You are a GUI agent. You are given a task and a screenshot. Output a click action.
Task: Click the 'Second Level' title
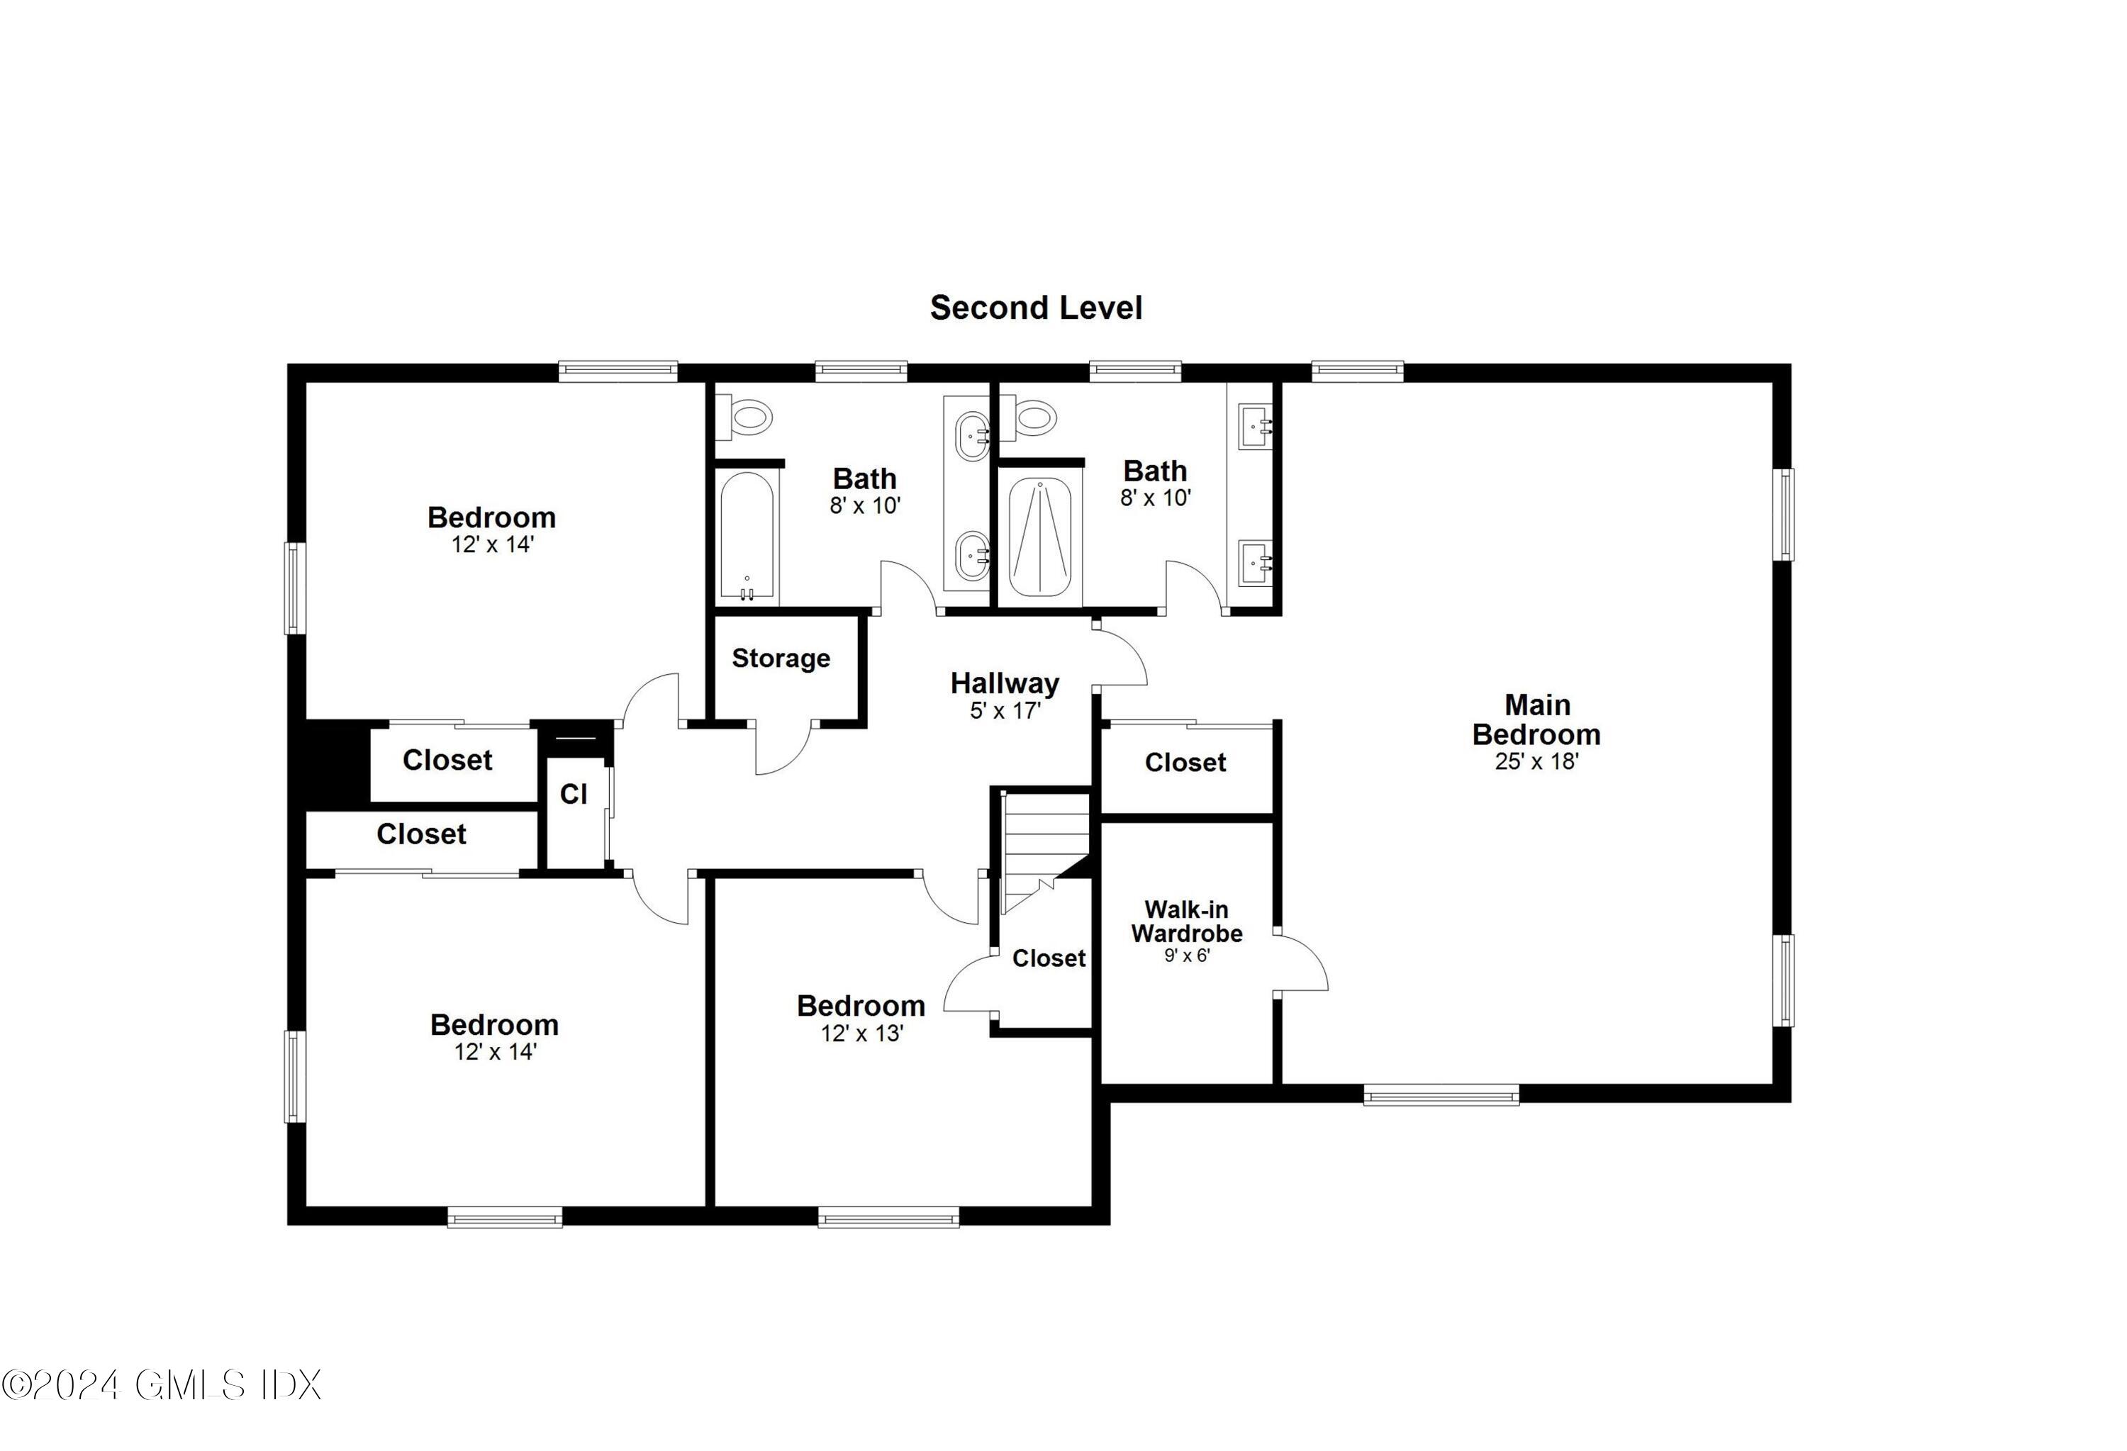(x=1035, y=308)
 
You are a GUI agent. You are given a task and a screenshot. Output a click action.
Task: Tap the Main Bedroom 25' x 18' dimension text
(x=1536, y=761)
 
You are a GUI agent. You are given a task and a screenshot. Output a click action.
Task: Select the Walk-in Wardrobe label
(x=1186, y=921)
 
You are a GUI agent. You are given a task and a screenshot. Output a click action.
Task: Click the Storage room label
(x=781, y=658)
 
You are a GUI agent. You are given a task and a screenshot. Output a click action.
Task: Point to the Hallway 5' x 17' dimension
(x=1005, y=710)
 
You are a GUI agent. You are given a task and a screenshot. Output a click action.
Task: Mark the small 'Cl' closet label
(x=573, y=793)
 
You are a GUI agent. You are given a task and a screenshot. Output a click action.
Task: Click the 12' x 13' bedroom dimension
(x=861, y=1033)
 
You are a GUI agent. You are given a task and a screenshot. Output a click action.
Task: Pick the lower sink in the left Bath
(x=971, y=555)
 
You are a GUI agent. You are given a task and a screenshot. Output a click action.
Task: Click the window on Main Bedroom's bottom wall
(x=1441, y=1094)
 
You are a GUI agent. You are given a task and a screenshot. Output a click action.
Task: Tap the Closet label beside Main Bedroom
(x=1185, y=762)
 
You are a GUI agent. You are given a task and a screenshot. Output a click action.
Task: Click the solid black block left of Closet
(x=330, y=761)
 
